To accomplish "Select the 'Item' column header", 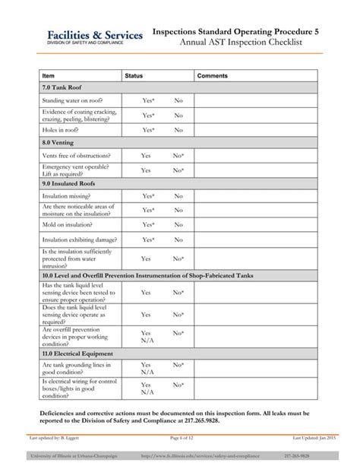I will click(49, 76).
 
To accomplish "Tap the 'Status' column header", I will click(134, 76).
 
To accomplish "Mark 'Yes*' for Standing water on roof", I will click(148, 100).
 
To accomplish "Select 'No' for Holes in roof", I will click(178, 130).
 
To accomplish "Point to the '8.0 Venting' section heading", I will click(58, 142).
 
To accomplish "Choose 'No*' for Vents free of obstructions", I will click(178, 155).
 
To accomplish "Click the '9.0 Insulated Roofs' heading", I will click(68, 183).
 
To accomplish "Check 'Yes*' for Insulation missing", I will click(148, 196).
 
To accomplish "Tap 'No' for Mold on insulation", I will click(178, 225).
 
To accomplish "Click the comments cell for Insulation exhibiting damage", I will click(258, 239).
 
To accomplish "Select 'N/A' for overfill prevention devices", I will click(147, 341).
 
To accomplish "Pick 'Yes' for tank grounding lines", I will click(146, 365).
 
